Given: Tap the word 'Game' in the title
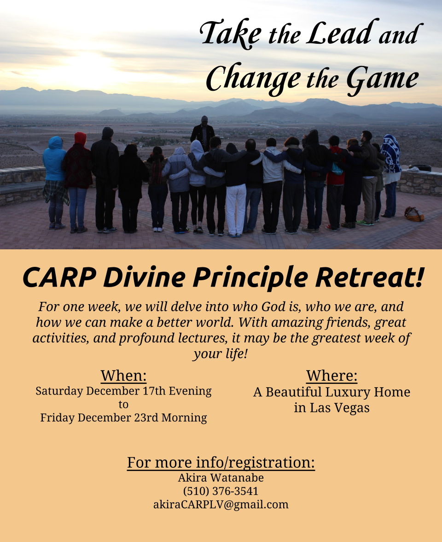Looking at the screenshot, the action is pos(382,79).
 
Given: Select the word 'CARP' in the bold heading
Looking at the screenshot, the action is pos(59,277).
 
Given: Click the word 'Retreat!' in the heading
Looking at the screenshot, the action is pos(369,277).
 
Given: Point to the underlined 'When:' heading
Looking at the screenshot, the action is pos(123,376).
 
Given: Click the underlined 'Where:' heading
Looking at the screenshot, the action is pos(331,376).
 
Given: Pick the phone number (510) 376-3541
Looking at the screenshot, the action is pos(221,491).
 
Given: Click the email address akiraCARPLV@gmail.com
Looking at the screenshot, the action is pos(221,505).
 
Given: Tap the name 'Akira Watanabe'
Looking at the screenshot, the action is pos(221,477).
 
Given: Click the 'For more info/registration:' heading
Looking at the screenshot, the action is pos(221,463).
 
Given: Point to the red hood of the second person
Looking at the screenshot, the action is pos(80,138).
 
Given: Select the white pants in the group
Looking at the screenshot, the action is pos(236,209).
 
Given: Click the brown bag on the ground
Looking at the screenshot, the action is pos(414,214).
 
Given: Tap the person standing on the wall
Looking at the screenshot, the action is pos(203,133).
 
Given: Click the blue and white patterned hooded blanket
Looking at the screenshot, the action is pos(391,154).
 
